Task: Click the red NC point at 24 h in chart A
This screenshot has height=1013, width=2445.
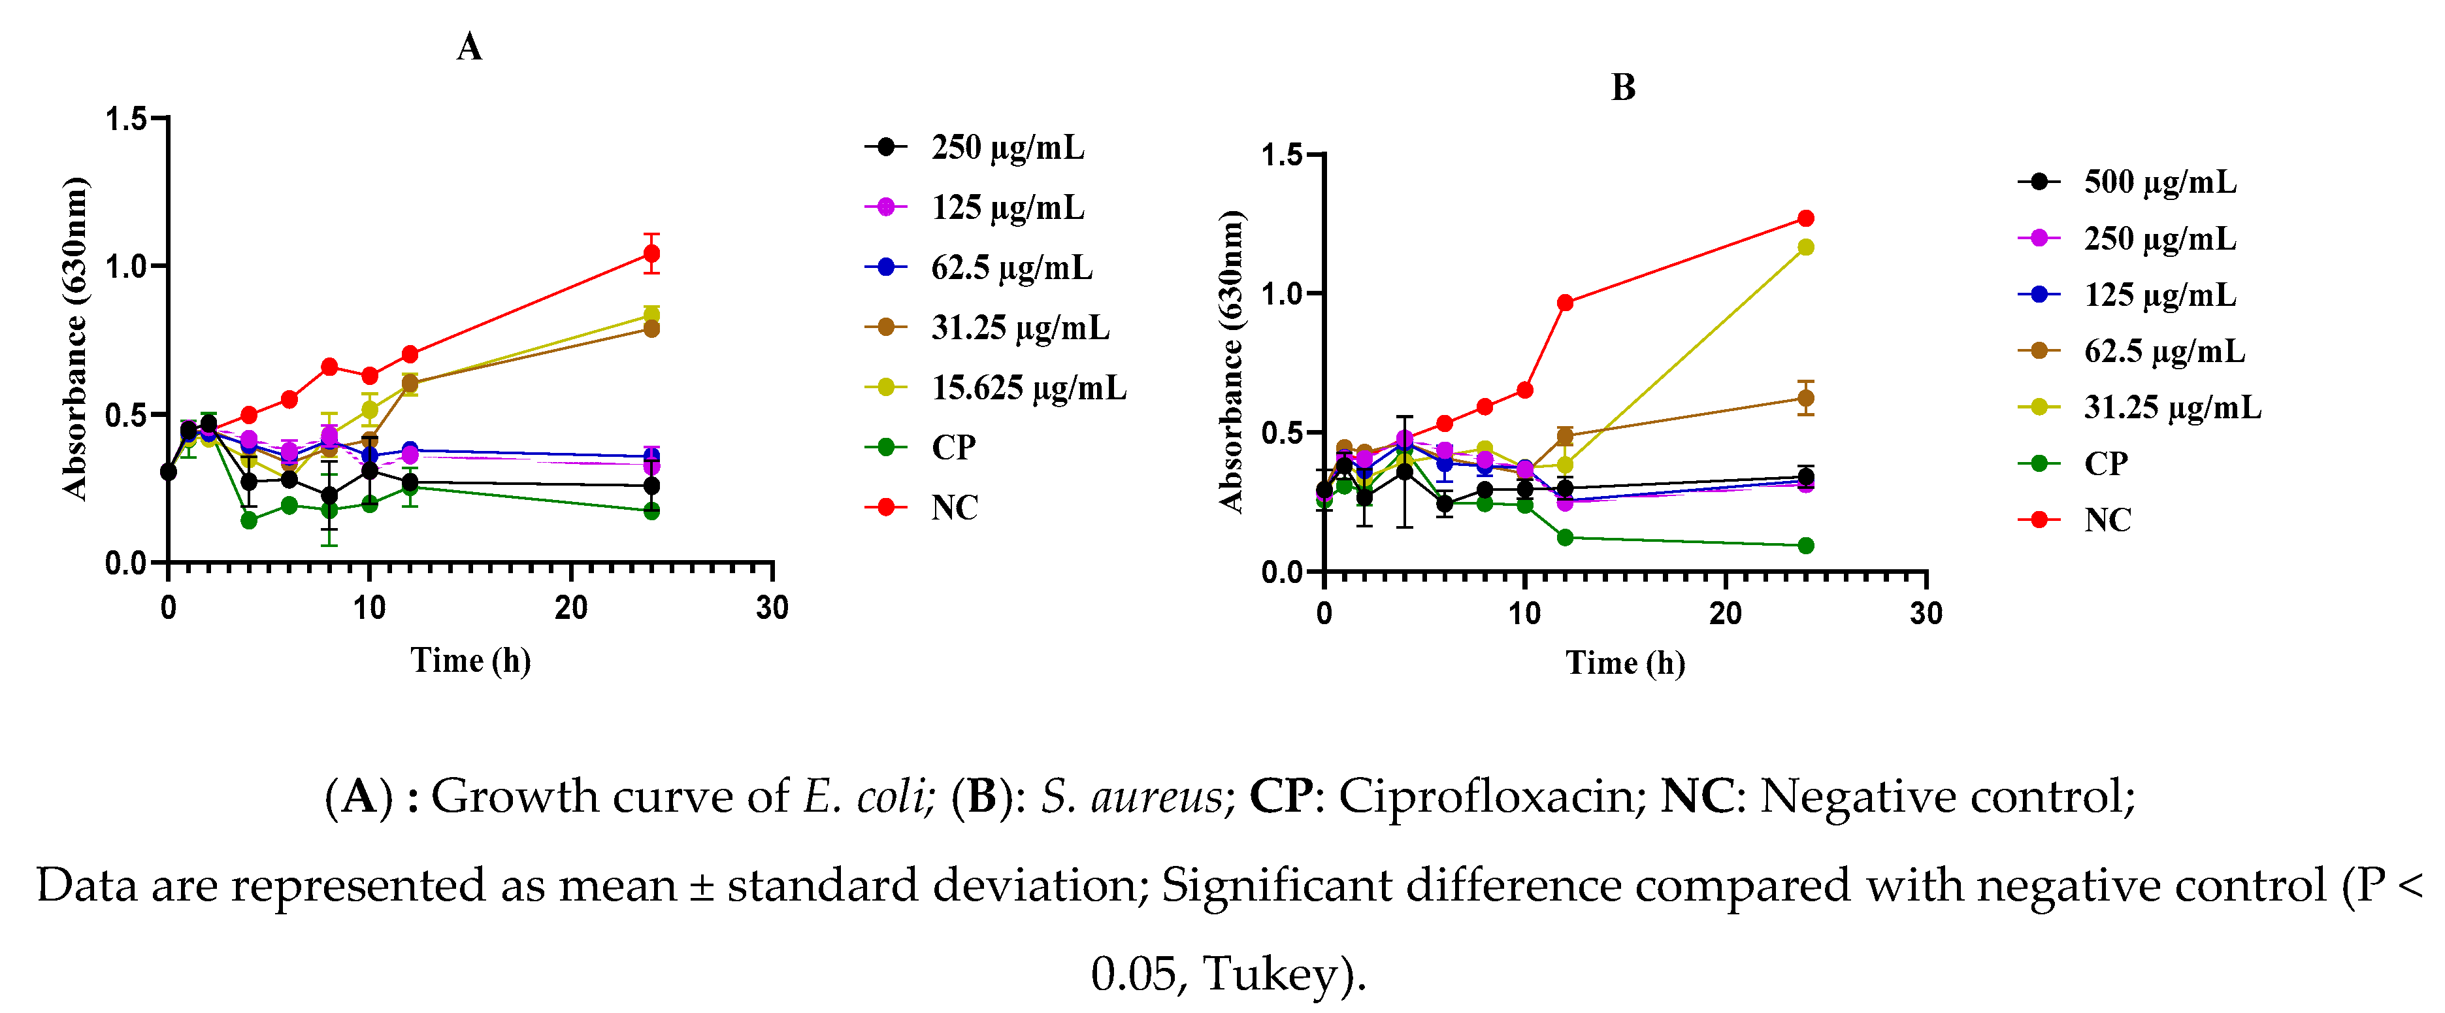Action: pos(651,254)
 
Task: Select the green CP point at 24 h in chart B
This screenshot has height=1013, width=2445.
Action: pos(1805,546)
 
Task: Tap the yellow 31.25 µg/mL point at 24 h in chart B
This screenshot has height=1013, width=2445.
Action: pos(1805,248)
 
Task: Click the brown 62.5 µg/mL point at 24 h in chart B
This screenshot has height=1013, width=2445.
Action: pos(1805,399)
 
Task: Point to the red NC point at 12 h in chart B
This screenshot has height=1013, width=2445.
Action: pos(1565,303)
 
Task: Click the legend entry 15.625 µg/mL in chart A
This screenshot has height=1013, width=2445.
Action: pos(1028,388)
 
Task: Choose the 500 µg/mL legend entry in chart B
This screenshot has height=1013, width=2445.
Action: pos(2159,182)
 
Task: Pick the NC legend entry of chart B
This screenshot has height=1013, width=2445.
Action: pos(2107,520)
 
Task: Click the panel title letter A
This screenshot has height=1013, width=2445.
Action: pos(470,46)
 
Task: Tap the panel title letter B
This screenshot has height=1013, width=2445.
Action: pos(1623,88)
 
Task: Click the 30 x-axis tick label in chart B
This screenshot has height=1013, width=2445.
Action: pos(1926,613)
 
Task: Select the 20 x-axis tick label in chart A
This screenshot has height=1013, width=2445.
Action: pos(570,608)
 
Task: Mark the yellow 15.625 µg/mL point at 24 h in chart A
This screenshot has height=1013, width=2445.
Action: pos(651,314)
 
